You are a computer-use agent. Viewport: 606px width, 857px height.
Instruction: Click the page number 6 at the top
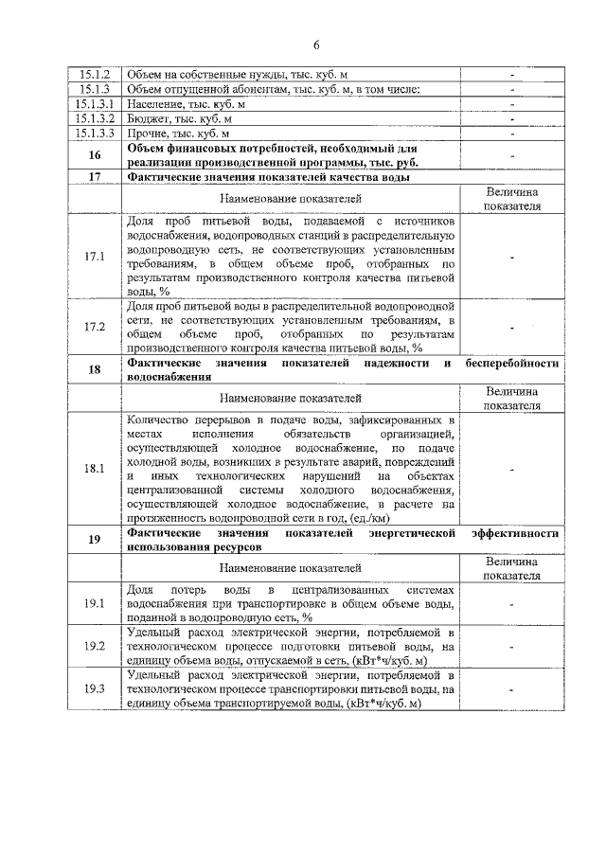point(316,45)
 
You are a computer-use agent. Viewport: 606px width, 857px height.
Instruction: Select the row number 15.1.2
point(94,74)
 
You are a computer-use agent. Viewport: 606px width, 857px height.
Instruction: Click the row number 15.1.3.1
point(94,103)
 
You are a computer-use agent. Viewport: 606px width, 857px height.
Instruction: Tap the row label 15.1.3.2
point(94,118)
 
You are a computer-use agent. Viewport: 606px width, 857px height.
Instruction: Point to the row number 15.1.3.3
point(94,134)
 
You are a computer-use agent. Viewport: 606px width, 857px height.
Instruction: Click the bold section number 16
point(94,154)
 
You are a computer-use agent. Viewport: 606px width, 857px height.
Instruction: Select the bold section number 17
point(94,176)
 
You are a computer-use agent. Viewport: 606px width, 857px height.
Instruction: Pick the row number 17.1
point(94,257)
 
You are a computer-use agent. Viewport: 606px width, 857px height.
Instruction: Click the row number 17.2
point(94,328)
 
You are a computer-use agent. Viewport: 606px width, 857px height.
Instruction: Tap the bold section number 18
point(94,370)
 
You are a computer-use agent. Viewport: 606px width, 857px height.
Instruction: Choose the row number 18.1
point(94,468)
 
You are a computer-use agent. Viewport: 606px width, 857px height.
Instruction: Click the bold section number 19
point(94,540)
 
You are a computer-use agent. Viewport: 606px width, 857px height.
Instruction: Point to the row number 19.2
point(94,646)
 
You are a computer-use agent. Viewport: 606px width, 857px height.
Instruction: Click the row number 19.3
point(94,688)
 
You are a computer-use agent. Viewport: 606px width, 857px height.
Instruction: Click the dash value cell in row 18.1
point(512,468)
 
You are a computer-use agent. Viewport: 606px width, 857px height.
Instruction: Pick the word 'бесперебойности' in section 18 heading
point(513,364)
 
